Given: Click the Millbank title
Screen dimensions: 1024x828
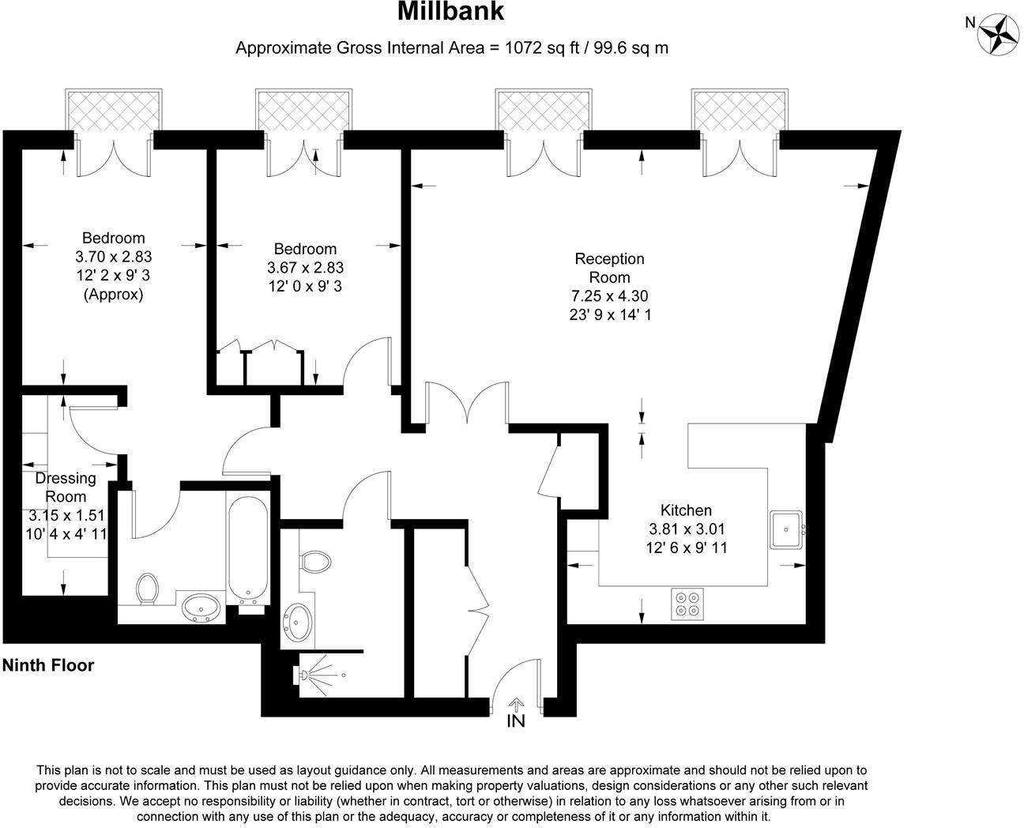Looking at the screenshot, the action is click(450, 12).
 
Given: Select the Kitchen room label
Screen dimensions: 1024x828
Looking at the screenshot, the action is click(686, 510).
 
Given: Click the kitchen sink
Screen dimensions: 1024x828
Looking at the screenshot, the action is click(786, 529).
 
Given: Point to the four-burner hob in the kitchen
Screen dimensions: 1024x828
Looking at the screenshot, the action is click(687, 604).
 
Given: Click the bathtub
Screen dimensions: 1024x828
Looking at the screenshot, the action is click(247, 549).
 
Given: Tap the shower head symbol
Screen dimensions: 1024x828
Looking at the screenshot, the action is click(300, 675).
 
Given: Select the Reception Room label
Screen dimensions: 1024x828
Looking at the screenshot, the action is click(610, 268).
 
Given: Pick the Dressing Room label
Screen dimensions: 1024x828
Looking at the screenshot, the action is click(66, 487).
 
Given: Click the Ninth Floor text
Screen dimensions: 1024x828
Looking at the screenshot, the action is click(48, 665).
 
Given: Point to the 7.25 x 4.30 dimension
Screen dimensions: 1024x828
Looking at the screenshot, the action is click(610, 296).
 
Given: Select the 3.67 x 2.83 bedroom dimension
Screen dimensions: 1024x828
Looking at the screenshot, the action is click(305, 267).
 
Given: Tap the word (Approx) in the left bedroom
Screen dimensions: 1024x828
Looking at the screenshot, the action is click(114, 294).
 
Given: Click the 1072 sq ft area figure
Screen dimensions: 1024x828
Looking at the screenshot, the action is click(542, 48).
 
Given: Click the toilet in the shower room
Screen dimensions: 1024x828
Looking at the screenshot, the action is click(315, 561).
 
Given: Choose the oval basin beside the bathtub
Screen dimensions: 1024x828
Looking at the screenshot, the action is click(201, 608).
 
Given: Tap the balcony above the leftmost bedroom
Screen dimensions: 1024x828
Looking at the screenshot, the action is click(114, 110).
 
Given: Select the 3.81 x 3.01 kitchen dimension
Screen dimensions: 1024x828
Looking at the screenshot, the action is click(687, 529).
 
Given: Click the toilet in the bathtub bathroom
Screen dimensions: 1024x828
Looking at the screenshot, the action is click(148, 589).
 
